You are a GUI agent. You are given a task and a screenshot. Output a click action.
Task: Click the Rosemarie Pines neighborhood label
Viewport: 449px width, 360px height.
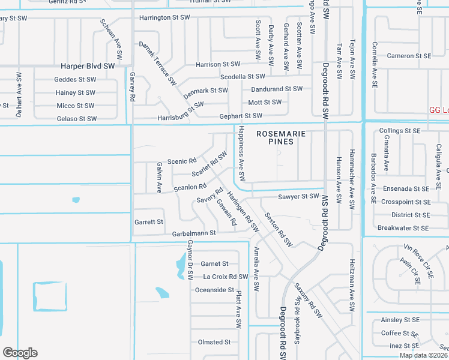click(275, 137)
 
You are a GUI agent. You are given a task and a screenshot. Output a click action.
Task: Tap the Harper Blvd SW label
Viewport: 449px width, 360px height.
click(88, 65)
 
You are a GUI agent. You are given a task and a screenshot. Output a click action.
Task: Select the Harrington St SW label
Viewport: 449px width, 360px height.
click(159, 18)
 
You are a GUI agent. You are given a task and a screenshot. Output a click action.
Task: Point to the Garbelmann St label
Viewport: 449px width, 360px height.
click(194, 233)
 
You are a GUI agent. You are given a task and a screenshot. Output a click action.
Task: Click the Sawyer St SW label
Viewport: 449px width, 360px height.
click(298, 196)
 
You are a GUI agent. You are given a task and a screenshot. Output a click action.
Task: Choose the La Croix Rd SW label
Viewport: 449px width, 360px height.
click(225, 277)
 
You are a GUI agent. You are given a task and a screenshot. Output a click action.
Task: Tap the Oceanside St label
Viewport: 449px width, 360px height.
click(214, 290)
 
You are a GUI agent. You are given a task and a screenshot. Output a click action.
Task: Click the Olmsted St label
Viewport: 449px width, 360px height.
click(214, 342)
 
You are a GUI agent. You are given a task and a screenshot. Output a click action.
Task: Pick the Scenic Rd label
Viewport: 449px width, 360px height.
click(182, 161)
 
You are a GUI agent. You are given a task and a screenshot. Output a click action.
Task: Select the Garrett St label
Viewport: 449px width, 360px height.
click(149, 222)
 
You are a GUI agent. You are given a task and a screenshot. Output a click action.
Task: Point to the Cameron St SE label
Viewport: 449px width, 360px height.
click(409, 56)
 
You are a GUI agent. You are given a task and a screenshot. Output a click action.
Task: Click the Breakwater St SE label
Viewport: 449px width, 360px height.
click(403, 228)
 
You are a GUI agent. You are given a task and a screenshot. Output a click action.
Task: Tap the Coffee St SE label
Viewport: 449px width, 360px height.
click(399, 334)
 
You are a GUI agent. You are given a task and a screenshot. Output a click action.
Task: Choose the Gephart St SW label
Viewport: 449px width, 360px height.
click(240, 115)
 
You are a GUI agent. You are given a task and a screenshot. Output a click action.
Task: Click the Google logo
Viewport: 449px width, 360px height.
click(20, 353)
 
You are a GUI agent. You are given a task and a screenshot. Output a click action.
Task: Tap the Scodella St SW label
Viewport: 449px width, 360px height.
click(243, 77)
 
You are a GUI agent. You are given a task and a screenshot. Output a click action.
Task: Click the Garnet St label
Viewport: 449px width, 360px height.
click(214, 263)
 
